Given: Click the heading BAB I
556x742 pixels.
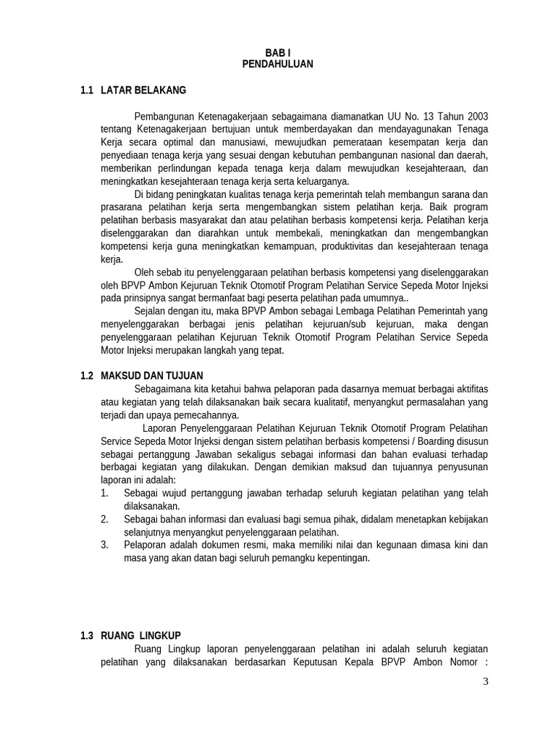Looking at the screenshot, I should click(x=278, y=53).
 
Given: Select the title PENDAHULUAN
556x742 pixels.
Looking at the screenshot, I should click(x=278, y=64).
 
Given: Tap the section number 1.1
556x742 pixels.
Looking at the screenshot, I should click(x=88, y=91).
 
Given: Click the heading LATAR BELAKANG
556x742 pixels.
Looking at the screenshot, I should click(x=144, y=91).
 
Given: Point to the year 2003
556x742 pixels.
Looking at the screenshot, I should click(x=474, y=116).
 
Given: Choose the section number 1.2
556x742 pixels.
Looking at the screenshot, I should click(x=88, y=375).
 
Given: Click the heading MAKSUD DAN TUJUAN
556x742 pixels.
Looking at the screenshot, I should click(x=153, y=375).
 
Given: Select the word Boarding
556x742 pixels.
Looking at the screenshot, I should click(x=424, y=441).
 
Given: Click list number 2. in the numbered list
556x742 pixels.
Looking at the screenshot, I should click(x=105, y=519).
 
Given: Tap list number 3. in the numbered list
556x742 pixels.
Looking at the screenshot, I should click(x=105, y=545).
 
